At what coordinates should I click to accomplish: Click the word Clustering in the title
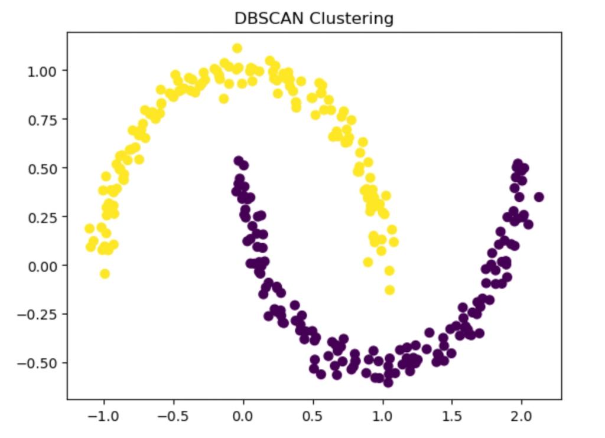(350, 18)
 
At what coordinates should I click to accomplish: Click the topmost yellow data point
(237, 48)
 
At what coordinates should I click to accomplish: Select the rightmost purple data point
(538, 197)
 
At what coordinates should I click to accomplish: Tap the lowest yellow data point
(389, 290)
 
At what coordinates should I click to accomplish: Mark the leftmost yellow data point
(89, 228)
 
